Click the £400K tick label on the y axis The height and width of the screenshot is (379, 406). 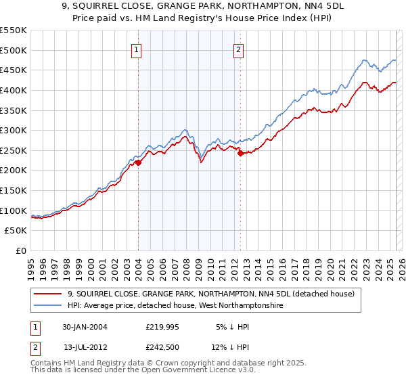[14, 90]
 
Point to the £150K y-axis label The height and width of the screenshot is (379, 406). [14, 190]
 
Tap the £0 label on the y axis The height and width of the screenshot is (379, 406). [20, 250]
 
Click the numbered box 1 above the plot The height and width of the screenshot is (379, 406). [138, 49]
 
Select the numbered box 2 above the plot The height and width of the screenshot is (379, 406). [240, 49]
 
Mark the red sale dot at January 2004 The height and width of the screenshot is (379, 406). [138, 162]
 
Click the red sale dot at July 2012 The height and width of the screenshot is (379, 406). [240, 154]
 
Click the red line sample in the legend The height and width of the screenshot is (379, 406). [49, 294]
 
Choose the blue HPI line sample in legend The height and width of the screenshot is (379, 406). [49, 306]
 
